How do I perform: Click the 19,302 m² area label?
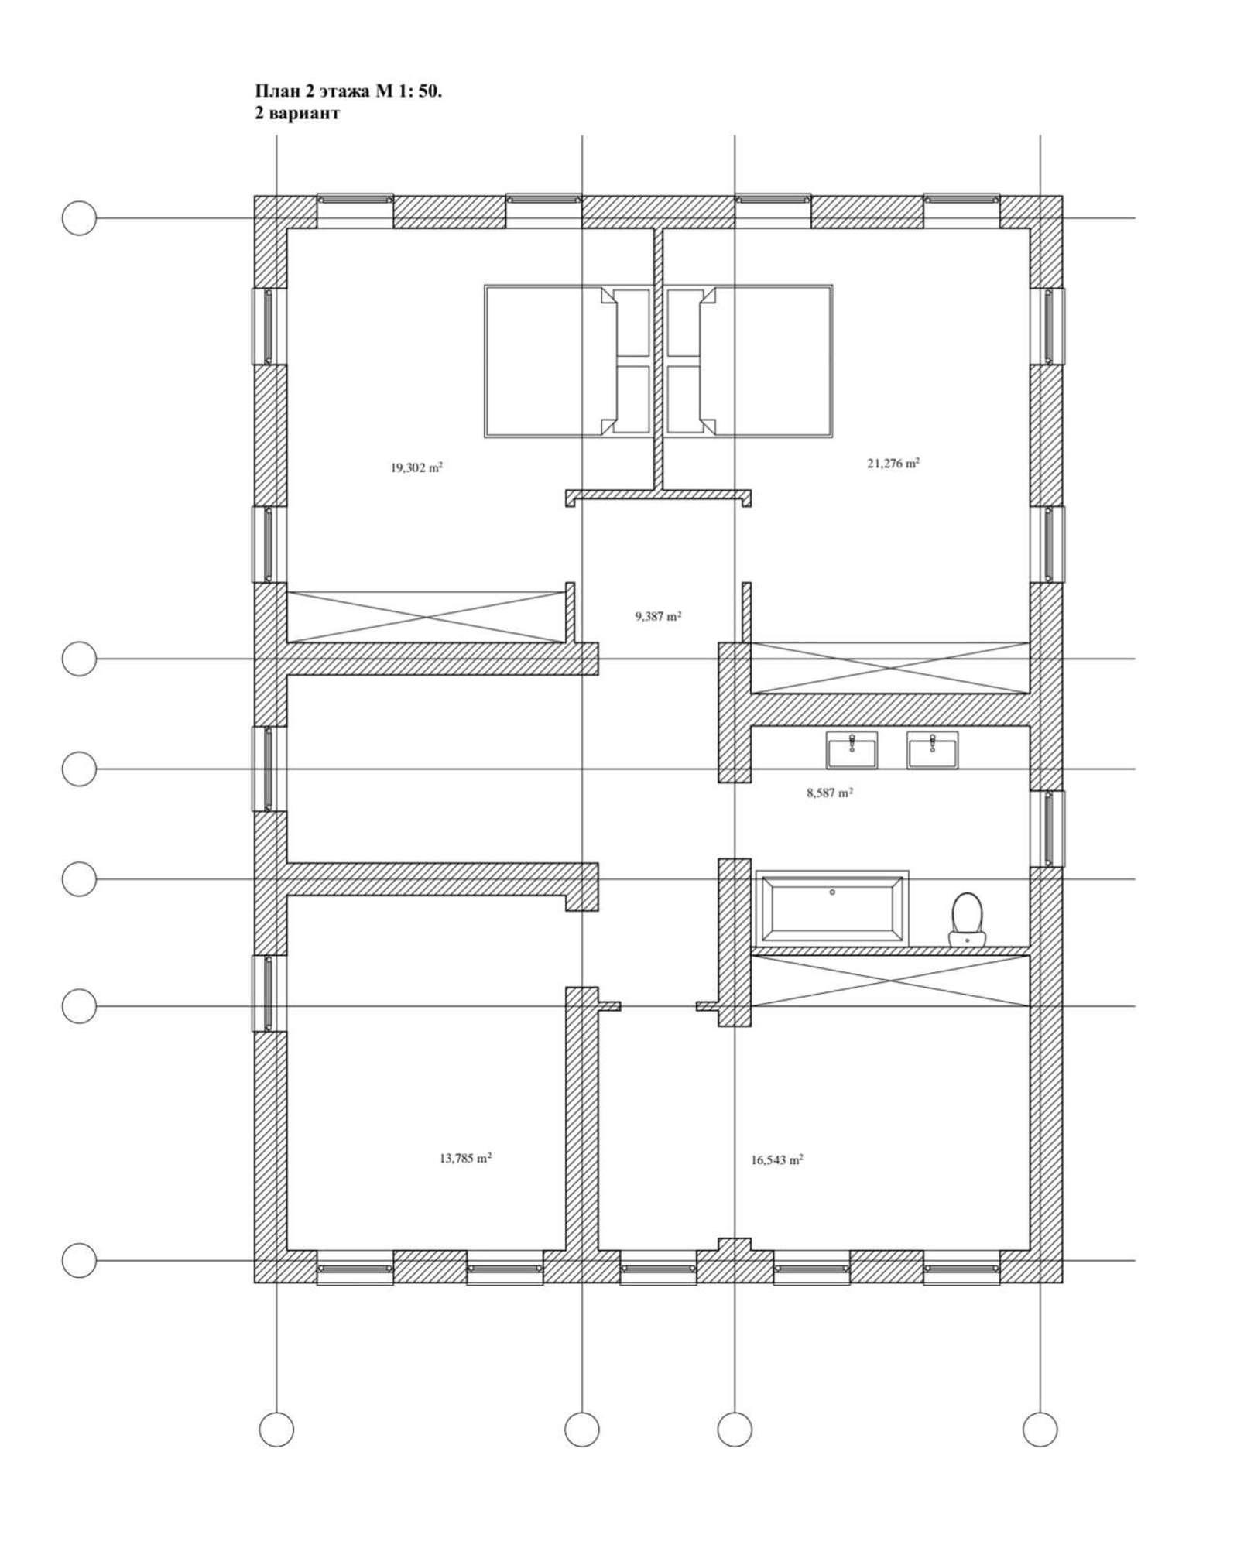coord(416,467)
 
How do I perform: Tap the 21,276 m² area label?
coord(893,464)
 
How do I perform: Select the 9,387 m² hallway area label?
coord(658,617)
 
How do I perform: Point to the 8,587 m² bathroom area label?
coord(830,793)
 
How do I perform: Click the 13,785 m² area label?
coord(465,1159)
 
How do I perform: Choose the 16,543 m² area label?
coord(776,1160)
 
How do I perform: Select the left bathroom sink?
coord(852,750)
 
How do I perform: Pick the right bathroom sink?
coord(933,750)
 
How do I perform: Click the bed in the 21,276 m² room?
coord(749,361)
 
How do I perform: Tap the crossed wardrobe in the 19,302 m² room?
coord(425,617)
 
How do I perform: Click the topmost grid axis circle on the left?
coord(79,218)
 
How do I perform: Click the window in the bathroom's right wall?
coord(1047,828)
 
